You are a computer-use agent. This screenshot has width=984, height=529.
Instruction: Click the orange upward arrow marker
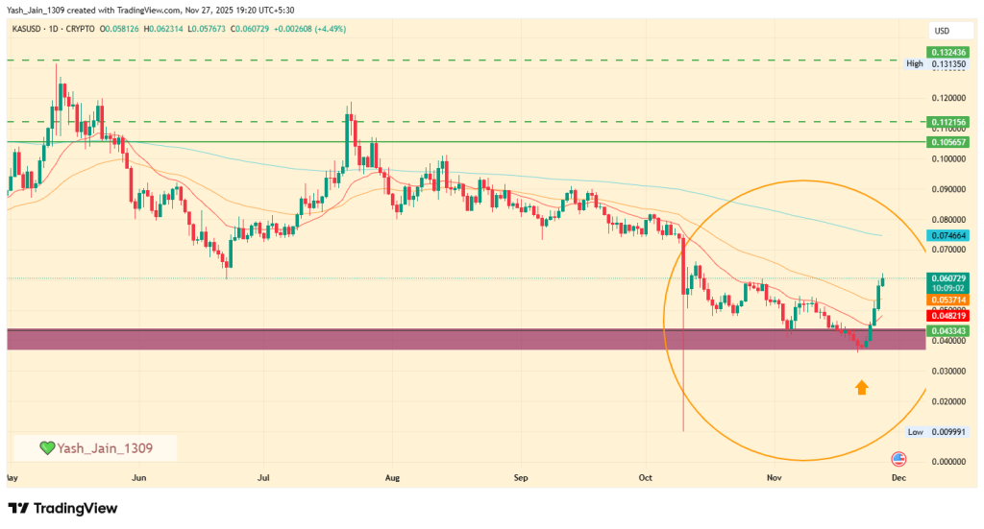click(862, 387)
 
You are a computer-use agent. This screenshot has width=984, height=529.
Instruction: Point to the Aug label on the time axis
click(391, 476)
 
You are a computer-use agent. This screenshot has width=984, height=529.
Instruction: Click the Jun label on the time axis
click(140, 476)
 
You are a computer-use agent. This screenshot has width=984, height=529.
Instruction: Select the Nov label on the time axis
click(775, 476)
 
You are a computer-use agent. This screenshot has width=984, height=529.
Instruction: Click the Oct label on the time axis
click(646, 476)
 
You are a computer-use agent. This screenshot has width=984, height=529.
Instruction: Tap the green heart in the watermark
click(46, 447)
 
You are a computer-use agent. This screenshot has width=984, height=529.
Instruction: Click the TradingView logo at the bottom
click(62, 508)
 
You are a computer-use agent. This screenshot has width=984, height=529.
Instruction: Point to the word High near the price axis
click(915, 63)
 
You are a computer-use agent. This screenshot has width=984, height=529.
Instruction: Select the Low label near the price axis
click(915, 432)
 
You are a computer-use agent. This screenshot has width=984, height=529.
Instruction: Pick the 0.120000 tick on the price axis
click(947, 98)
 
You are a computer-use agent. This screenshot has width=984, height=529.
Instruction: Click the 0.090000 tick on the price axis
click(947, 189)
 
